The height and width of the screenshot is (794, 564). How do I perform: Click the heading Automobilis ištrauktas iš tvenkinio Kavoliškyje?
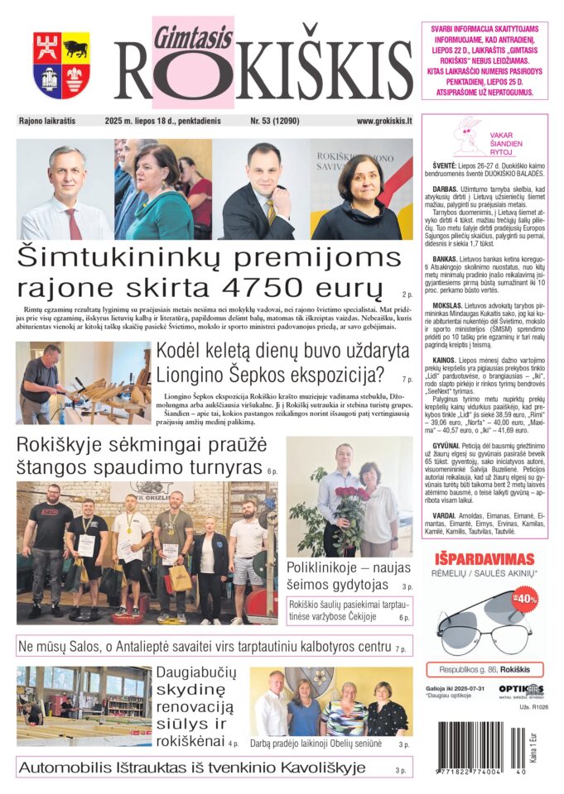(x=191, y=768)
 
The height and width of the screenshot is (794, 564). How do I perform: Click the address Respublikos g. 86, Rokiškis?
(x=484, y=669)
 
